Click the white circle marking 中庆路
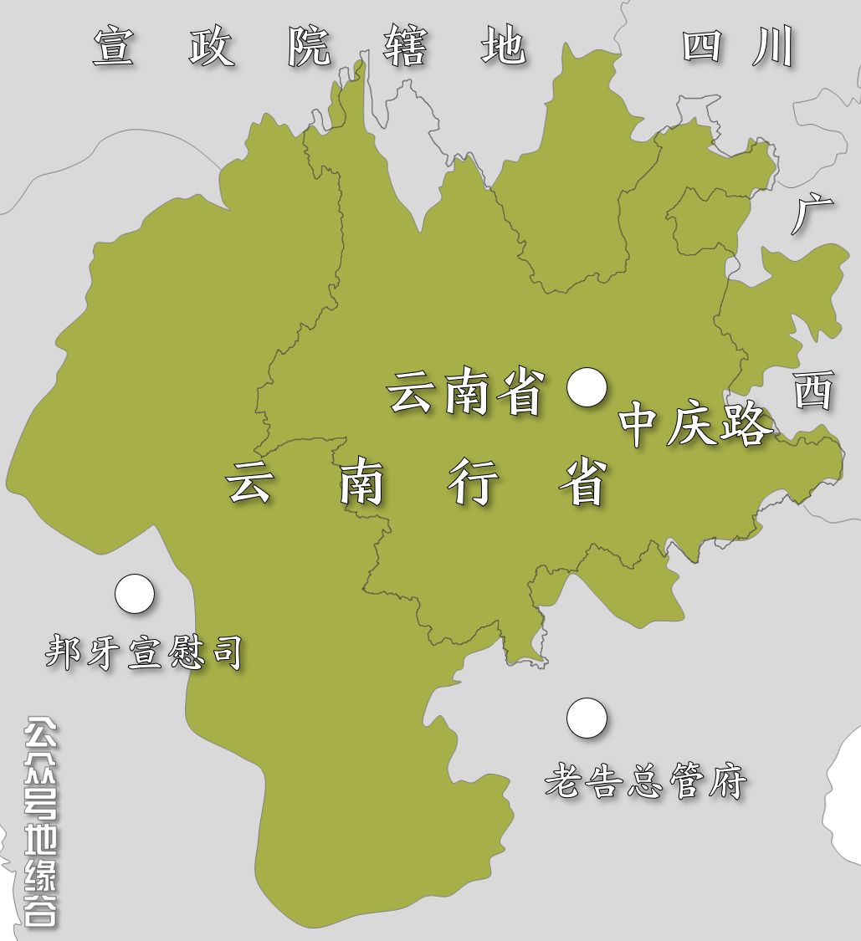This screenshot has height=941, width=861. (x=587, y=387)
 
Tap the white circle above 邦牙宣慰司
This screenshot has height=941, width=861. (x=135, y=594)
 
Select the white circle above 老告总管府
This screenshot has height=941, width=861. (x=587, y=719)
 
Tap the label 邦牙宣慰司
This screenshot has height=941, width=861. (x=144, y=652)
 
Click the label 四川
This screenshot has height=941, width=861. (x=736, y=47)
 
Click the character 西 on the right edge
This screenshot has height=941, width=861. (x=813, y=391)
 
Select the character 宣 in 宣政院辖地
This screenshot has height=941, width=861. (x=114, y=47)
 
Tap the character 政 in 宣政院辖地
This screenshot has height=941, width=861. (x=211, y=47)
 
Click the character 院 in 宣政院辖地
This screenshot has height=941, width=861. (x=309, y=47)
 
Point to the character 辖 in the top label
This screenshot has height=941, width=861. (x=406, y=47)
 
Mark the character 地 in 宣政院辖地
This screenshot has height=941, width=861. (x=503, y=47)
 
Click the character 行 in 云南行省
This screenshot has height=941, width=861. (x=473, y=483)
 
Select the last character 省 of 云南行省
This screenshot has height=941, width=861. (x=583, y=483)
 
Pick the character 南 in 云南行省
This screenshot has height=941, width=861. (x=361, y=483)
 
